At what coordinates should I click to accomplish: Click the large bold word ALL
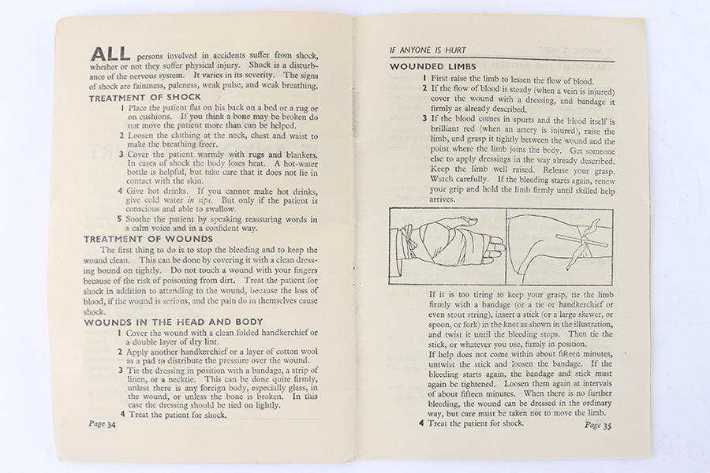tap(110, 54)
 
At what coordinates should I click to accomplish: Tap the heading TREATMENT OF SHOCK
tap(144, 98)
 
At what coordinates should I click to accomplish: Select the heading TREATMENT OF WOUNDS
tap(148, 238)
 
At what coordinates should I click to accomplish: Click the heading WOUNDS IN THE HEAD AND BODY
tap(174, 322)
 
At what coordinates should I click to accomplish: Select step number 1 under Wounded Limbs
tap(424, 79)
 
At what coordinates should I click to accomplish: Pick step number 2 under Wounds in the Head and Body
tap(121, 354)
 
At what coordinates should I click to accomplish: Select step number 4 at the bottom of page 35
tap(421, 423)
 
